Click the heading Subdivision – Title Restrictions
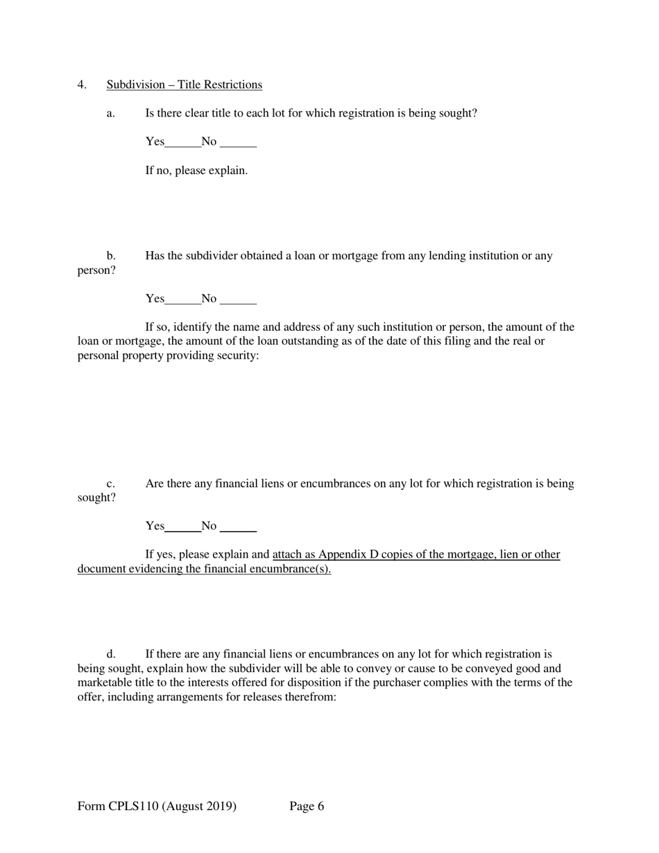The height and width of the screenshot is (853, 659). [184, 85]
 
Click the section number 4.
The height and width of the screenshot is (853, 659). [82, 85]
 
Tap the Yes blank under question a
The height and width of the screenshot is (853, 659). [183, 142]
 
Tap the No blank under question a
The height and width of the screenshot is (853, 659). [238, 142]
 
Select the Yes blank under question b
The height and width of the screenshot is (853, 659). [183, 299]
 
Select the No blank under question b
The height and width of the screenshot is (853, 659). [238, 299]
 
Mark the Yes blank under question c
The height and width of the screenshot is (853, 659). [183, 526]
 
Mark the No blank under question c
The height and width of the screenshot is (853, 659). [238, 526]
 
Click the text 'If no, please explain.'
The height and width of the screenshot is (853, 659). [196, 171]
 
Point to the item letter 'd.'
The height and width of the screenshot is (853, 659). [110, 654]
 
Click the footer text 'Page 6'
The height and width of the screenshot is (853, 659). [307, 806]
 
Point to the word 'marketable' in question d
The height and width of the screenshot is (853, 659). [105, 682]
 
